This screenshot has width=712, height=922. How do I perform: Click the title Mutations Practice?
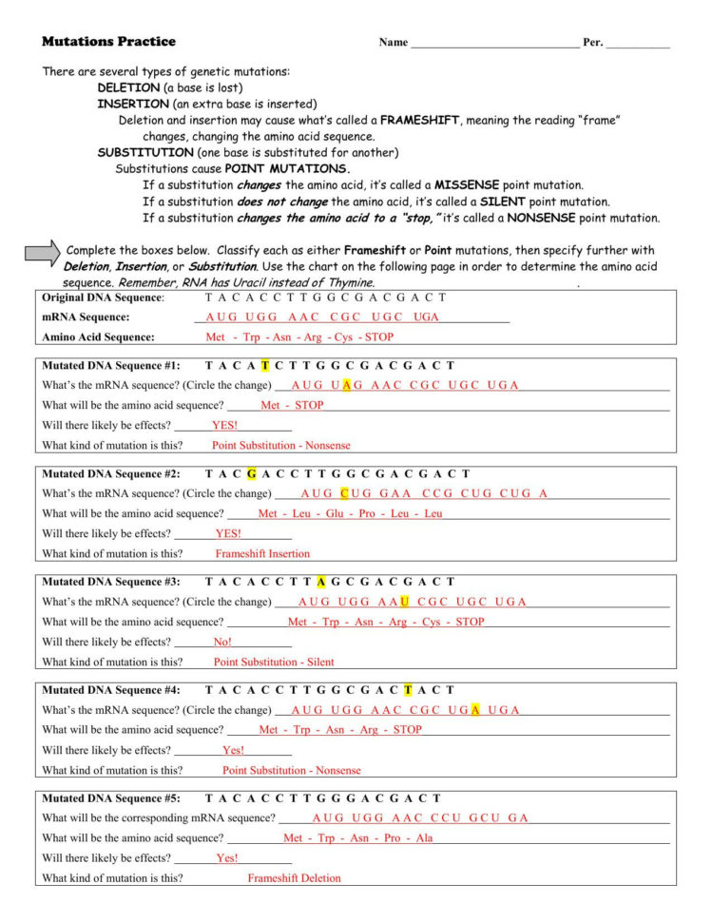pos(108,42)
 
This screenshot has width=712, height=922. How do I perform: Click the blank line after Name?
pos(494,44)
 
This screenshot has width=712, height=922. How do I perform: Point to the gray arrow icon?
pos(42,252)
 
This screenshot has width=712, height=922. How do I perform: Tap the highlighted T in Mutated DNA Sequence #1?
pos(265,365)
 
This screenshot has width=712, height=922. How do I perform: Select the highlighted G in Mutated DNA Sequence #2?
pos(251,473)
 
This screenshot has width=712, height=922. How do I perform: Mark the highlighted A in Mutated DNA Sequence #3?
pos(322,582)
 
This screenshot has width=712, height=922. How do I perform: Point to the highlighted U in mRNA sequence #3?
pos(405,602)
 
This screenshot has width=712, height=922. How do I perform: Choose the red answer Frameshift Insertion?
pos(262,553)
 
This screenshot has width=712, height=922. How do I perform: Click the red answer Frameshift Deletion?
pos(294,878)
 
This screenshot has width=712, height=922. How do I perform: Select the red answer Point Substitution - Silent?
pos(274,662)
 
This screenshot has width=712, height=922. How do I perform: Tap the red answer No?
pos(222,642)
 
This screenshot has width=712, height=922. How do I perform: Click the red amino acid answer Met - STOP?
pos(292,405)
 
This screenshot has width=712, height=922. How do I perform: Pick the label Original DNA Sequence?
pos(103,298)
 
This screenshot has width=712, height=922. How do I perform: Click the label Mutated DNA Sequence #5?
pos(111,798)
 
